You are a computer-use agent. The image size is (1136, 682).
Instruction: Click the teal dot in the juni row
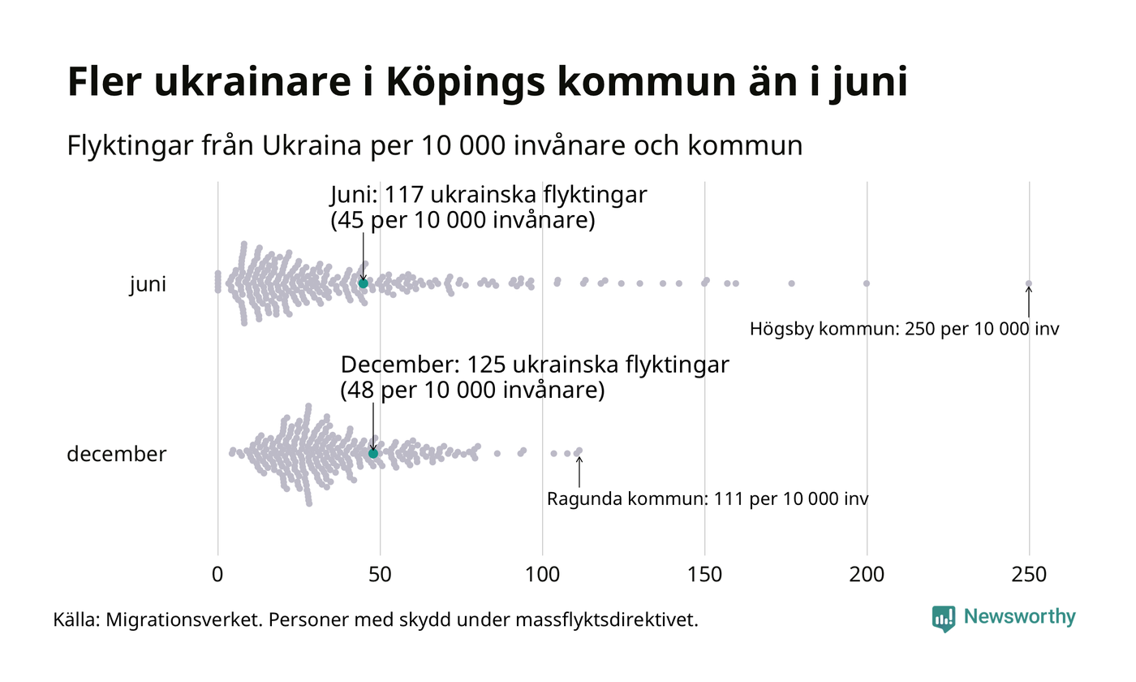pos(364,283)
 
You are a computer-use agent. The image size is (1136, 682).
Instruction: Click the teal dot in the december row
pos(373,453)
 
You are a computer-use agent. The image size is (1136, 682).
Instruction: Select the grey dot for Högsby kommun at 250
pos(1029,283)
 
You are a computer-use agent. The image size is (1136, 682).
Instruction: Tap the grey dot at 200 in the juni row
pos(867,283)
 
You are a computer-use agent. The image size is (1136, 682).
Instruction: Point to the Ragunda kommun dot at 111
pos(579,451)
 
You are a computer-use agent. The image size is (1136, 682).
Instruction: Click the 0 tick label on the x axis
pos(217,574)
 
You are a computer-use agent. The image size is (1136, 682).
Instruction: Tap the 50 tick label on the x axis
pos(380,574)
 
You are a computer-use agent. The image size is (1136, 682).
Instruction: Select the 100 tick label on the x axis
pos(542,574)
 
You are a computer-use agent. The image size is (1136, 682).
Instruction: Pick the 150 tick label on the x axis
pos(704,574)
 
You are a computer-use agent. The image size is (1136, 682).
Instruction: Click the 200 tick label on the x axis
pos(867,574)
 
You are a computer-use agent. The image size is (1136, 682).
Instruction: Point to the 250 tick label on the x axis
pos(1029,574)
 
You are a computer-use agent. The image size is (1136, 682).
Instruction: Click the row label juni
pos(148,285)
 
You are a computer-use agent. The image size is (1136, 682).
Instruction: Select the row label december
pos(116,454)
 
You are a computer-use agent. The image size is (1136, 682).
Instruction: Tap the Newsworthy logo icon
pos(944,619)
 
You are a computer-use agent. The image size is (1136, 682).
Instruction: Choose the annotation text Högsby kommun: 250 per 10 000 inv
pos(904,330)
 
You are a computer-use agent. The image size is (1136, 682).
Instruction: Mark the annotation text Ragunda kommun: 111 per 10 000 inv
pos(708,499)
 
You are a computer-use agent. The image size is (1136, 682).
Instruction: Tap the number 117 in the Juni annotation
pos(404,196)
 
